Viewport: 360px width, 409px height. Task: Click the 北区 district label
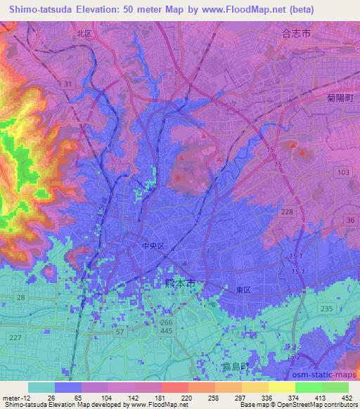[85, 34]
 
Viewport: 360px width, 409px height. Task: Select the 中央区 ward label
[153, 247]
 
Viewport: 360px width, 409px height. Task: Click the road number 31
[67, 84]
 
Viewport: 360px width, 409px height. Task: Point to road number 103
[343, 172]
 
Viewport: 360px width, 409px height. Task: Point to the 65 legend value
[67, 398]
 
